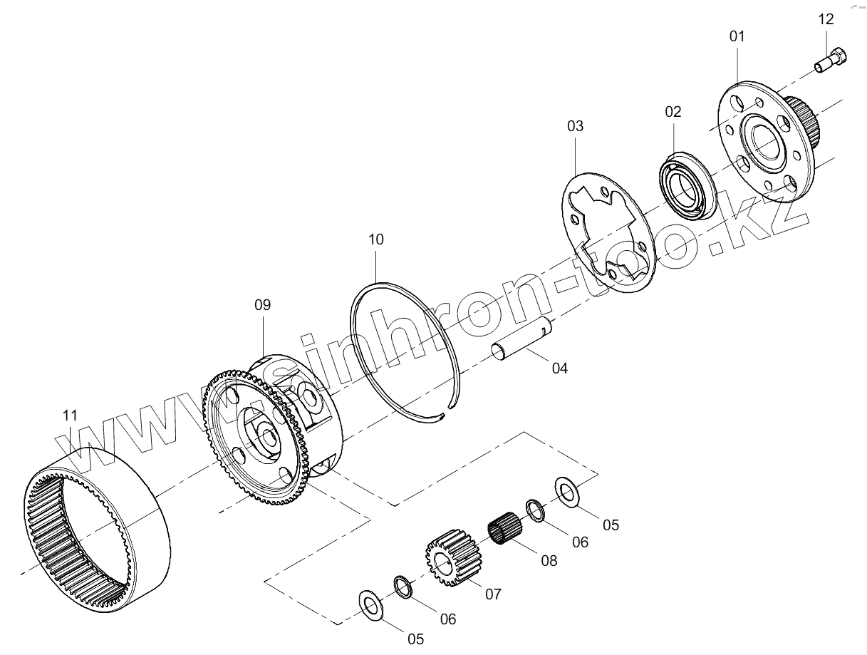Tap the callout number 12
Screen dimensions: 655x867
tap(826, 19)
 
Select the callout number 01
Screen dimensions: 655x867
tap(737, 36)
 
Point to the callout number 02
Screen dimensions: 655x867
tap(673, 111)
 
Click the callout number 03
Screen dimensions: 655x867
tap(575, 125)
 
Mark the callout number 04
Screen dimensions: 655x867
tap(560, 368)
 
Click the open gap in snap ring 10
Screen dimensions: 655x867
tap(443, 413)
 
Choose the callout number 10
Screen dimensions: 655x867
tap(376, 239)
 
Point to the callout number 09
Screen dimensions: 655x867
tap(263, 304)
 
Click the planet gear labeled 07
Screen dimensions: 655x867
tap(452, 559)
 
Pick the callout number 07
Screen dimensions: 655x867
tap(494, 594)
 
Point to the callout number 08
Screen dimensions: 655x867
tap(548, 560)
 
